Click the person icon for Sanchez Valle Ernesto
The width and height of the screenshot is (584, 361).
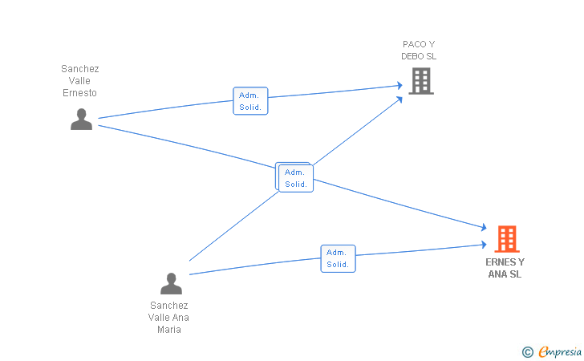[x=81, y=120]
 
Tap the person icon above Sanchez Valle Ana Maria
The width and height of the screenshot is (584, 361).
[x=171, y=283]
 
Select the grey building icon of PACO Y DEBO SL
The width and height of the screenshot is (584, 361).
[x=421, y=81]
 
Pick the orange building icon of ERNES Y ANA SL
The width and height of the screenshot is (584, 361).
[x=507, y=239]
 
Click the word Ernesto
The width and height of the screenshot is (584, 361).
[x=79, y=93]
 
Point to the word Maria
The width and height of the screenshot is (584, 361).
[x=169, y=330]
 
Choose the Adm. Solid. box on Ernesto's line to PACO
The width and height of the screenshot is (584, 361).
[x=250, y=101]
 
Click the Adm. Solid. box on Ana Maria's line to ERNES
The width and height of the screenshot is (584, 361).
[x=339, y=258]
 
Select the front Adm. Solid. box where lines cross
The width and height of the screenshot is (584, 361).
[x=296, y=178]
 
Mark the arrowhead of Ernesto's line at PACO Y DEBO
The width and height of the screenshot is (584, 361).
[x=399, y=85]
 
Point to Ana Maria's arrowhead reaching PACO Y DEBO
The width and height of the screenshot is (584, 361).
[x=399, y=99]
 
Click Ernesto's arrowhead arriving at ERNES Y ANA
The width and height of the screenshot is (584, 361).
[x=484, y=227]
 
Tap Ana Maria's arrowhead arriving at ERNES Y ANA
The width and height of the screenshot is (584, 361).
[x=484, y=245]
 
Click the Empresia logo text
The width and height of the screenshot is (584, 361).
[x=560, y=352]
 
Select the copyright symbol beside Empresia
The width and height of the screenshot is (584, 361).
[x=528, y=352]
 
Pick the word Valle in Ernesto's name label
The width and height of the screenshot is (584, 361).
[x=79, y=81]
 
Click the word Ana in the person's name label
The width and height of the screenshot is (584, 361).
[x=181, y=318]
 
